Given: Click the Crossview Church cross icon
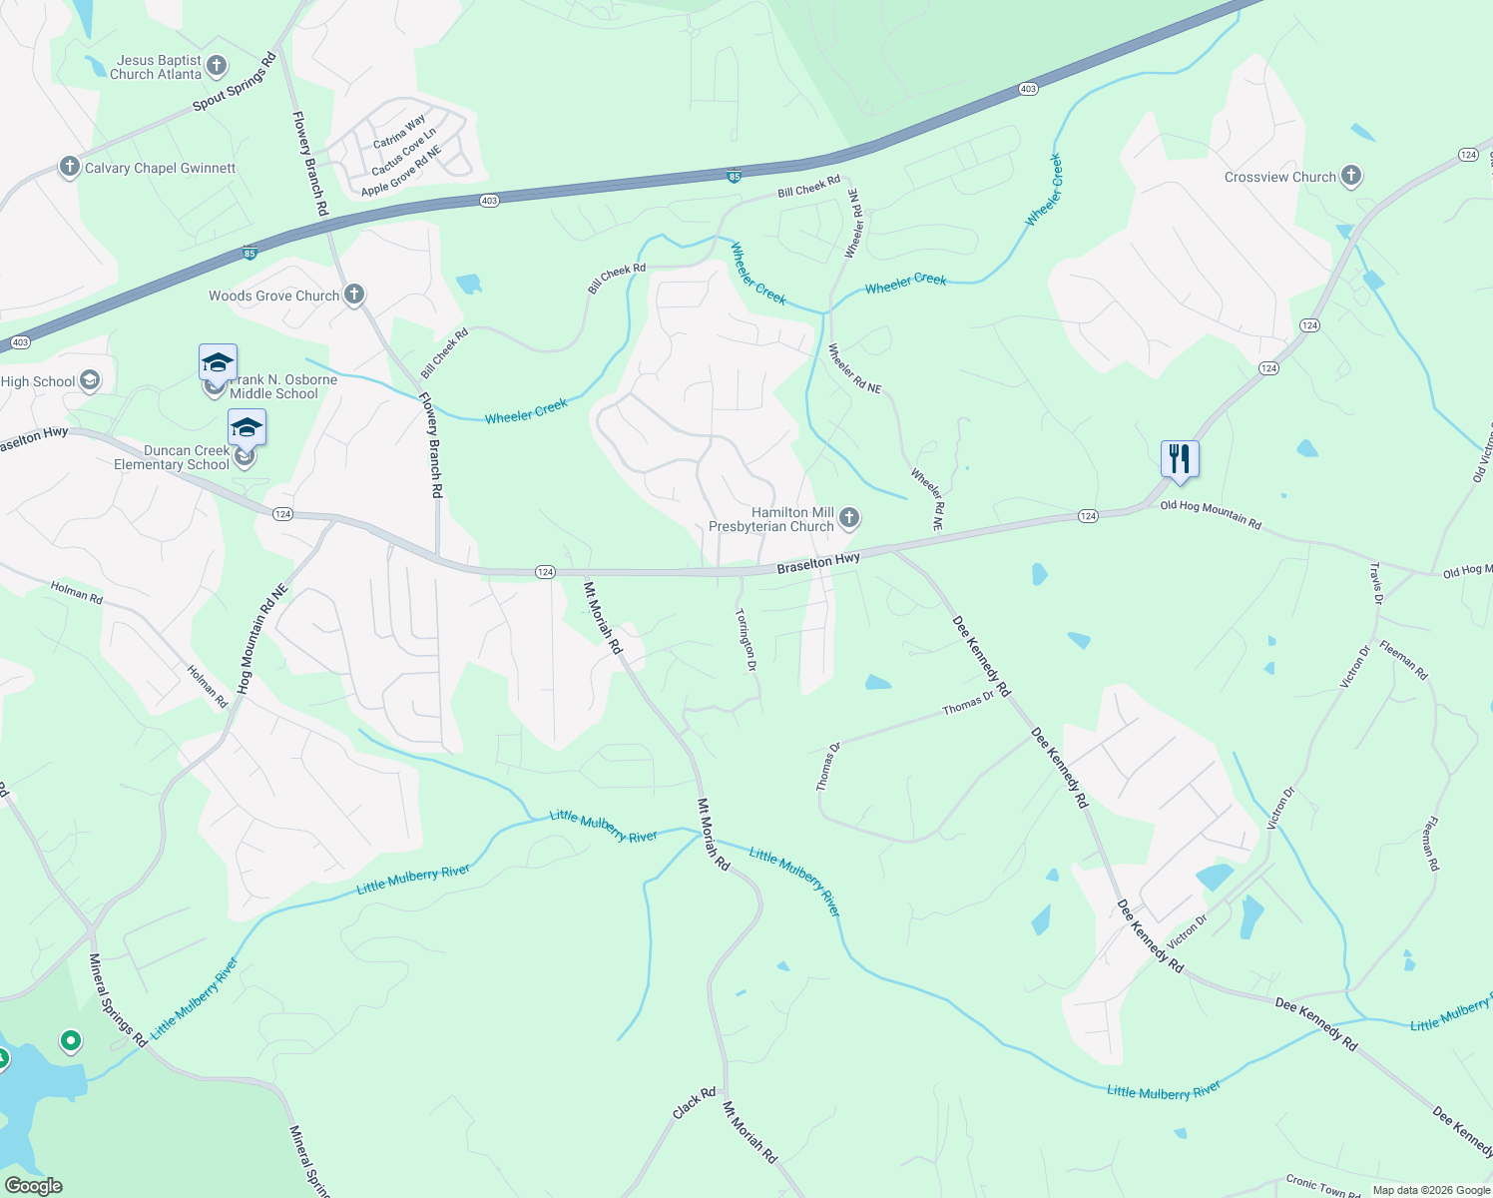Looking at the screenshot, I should [1350, 177].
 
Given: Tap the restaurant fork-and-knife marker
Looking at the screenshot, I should [1180, 459].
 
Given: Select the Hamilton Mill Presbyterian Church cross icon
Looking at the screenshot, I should [848, 517].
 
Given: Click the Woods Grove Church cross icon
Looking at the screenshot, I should [354, 295].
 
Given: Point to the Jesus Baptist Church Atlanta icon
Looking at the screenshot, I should [217, 67].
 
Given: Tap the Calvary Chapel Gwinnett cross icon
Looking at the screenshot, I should [69, 167].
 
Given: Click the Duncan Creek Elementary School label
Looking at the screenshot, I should [172, 457].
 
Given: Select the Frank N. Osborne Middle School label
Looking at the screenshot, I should [283, 386].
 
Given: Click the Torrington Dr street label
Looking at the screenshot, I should [746, 640].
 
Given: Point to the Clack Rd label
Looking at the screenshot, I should [694, 1102].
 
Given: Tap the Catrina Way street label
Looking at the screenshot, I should [399, 133].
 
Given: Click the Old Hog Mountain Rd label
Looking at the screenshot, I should [1211, 515].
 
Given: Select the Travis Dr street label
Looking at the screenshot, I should [1376, 583].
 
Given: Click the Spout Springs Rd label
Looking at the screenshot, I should [235, 83].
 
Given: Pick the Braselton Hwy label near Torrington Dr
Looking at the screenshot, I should [818, 563].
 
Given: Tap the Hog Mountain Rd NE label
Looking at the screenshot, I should [262, 639].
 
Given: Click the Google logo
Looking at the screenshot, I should [33, 1185].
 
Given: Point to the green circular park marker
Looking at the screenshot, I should [70, 1041].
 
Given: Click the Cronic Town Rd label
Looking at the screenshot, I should [1322, 1186].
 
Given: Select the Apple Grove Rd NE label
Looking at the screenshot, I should [401, 172].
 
